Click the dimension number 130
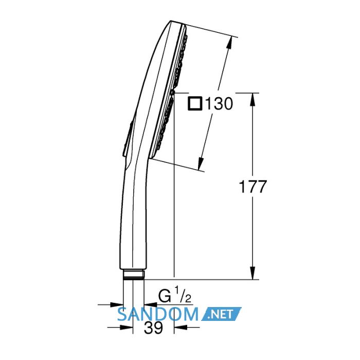pos(219,104)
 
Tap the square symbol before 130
pos(195,104)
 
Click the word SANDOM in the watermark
pos(157,315)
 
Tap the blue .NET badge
pos(221,314)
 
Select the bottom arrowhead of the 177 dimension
pos(253,273)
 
